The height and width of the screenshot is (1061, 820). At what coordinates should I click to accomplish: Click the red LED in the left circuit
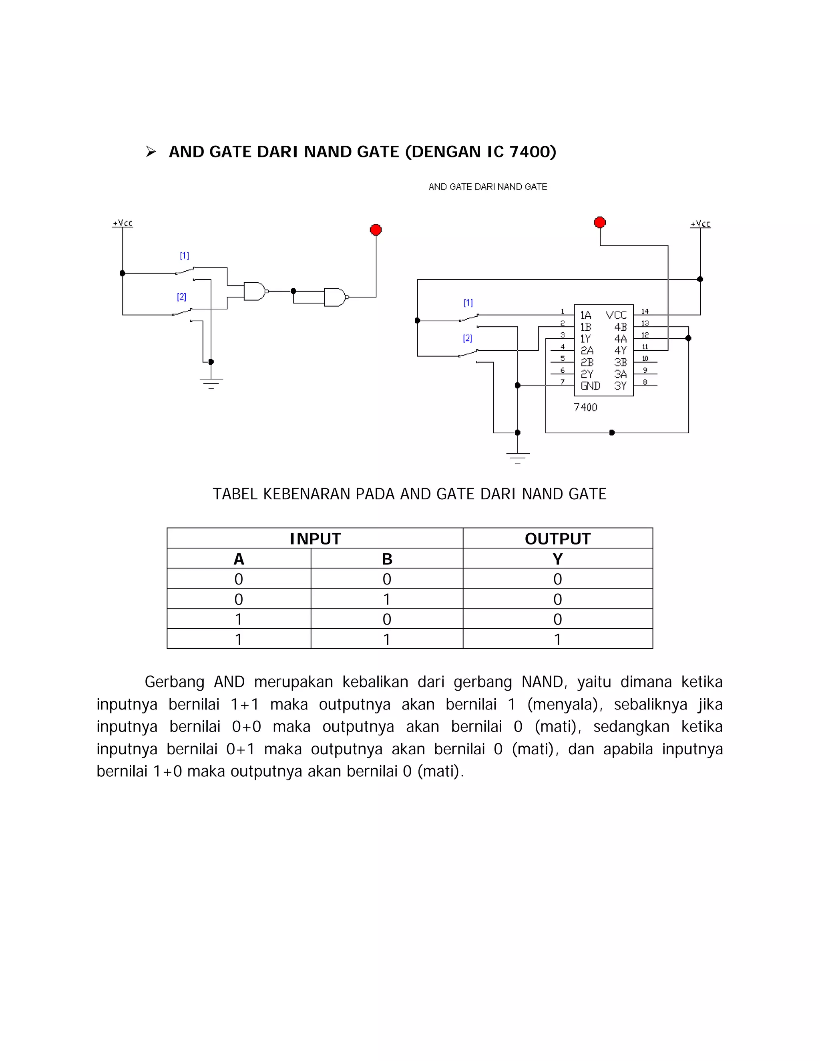coord(376,230)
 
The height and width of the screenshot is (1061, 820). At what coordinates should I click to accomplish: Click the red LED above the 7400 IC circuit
coord(600,223)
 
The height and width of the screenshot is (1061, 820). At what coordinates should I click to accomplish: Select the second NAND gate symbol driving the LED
coord(335,297)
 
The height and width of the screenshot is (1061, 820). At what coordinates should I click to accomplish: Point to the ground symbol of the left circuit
coord(211,383)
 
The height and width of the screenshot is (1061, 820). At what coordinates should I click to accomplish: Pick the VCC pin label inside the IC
coord(616,315)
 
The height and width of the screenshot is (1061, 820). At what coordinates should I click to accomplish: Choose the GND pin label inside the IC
coord(590,386)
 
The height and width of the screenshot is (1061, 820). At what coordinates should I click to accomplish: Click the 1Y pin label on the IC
coord(586,339)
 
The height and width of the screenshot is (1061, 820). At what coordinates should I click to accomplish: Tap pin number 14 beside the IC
coord(645,311)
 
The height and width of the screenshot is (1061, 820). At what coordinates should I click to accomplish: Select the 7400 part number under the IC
coord(585,408)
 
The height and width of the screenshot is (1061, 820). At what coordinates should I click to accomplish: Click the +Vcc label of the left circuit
coord(123,223)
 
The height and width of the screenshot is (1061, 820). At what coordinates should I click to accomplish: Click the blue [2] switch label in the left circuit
coord(182,297)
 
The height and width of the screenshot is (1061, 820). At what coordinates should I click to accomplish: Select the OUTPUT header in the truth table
coord(557,539)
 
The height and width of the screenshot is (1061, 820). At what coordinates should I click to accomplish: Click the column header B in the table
coord(387,559)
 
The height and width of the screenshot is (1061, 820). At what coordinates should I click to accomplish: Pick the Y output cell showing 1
coord(557,639)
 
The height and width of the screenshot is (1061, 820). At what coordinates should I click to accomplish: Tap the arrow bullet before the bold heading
coord(151,152)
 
